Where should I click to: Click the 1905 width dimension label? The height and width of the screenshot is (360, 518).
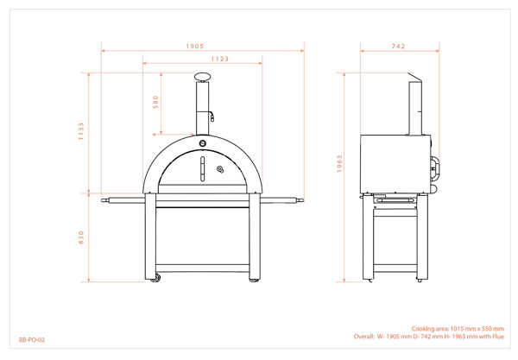(x=195, y=47)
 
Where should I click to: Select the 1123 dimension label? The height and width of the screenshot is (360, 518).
(x=220, y=59)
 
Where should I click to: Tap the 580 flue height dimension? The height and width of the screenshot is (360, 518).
(x=155, y=102)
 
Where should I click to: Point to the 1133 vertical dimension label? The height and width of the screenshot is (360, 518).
(x=81, y=131)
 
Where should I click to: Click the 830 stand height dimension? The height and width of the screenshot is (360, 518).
(x=81, y=237)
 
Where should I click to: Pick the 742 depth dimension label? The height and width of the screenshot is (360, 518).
(x=398, y=47)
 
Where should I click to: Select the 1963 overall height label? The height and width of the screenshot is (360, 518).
(x=339, y=164)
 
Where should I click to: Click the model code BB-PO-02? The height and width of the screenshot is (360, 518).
(x=32, y=339)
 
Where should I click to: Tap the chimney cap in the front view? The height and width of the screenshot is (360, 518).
(x=203, y=77)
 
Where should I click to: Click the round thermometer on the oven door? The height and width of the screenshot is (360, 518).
(x=220, y=169)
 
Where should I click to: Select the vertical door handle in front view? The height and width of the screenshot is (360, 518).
(x=203, y=169)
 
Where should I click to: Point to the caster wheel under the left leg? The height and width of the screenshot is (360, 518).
(x=155, y=278)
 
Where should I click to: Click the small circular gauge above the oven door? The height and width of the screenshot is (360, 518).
(x=203, y=143)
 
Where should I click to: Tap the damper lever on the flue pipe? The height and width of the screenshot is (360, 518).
(x=212, y=116)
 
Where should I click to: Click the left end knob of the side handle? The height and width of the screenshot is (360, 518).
(x=104, y=199)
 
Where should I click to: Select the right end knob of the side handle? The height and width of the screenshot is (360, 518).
(x=300, y=199)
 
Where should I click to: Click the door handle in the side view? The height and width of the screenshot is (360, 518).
(x=436, y=167)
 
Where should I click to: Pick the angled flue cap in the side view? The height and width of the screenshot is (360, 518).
(x=415, y=78)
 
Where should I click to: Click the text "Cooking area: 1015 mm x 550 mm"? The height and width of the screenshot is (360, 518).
(x=458, y=329)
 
